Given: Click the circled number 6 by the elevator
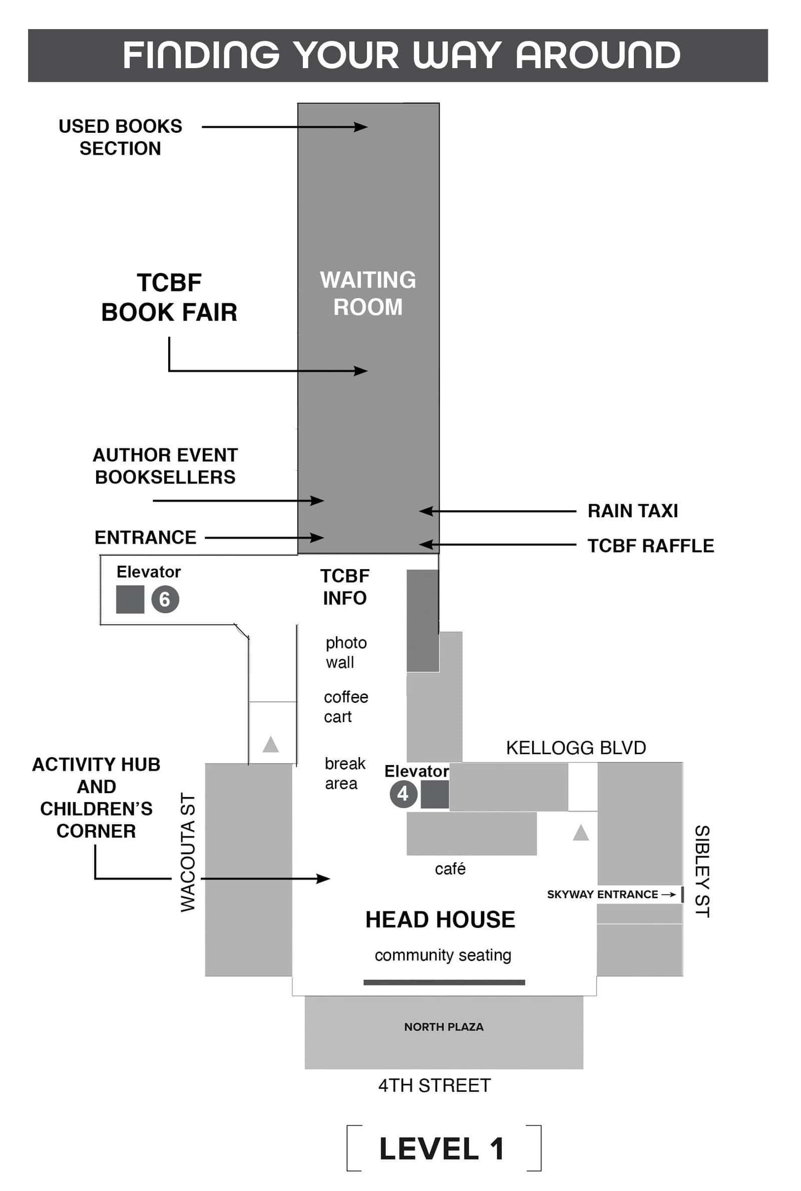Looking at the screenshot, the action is click(x=165, y=599).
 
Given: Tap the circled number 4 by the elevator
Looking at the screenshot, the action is click(x=404, y=794).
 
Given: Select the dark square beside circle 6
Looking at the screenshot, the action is click(x=130, y=599).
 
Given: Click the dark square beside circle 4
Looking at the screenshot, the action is click(x=435, y=794).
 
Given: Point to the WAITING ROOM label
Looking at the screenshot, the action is click(x=368, y=294).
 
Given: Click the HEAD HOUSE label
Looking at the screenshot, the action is click(x=440, y=919).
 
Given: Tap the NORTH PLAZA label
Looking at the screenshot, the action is click(x=444, y=1027).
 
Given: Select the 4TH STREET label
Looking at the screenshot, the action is click(x=434, y=1085).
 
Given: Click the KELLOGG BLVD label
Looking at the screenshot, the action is click(x=576, y=748).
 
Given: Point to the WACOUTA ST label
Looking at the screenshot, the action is click(x=188, y=852).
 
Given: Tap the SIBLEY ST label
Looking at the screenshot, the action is click(x=702, y=871).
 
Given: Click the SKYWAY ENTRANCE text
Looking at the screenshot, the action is click(x=602, y=894).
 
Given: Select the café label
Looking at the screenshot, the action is click(x=450, y=868).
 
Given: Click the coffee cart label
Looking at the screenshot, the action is click(x=346, y=707).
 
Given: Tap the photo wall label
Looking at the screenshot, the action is click(x=346, y=652).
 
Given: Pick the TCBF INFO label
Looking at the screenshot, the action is click(x=345, y=587).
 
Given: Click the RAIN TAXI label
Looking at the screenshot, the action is click(x=632, y=511).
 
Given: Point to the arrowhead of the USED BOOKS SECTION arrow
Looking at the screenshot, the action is click(x=360, y=127).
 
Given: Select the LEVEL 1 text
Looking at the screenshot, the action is click(x=442, y=1148).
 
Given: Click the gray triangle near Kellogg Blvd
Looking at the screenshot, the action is click(x=581, y=833).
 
